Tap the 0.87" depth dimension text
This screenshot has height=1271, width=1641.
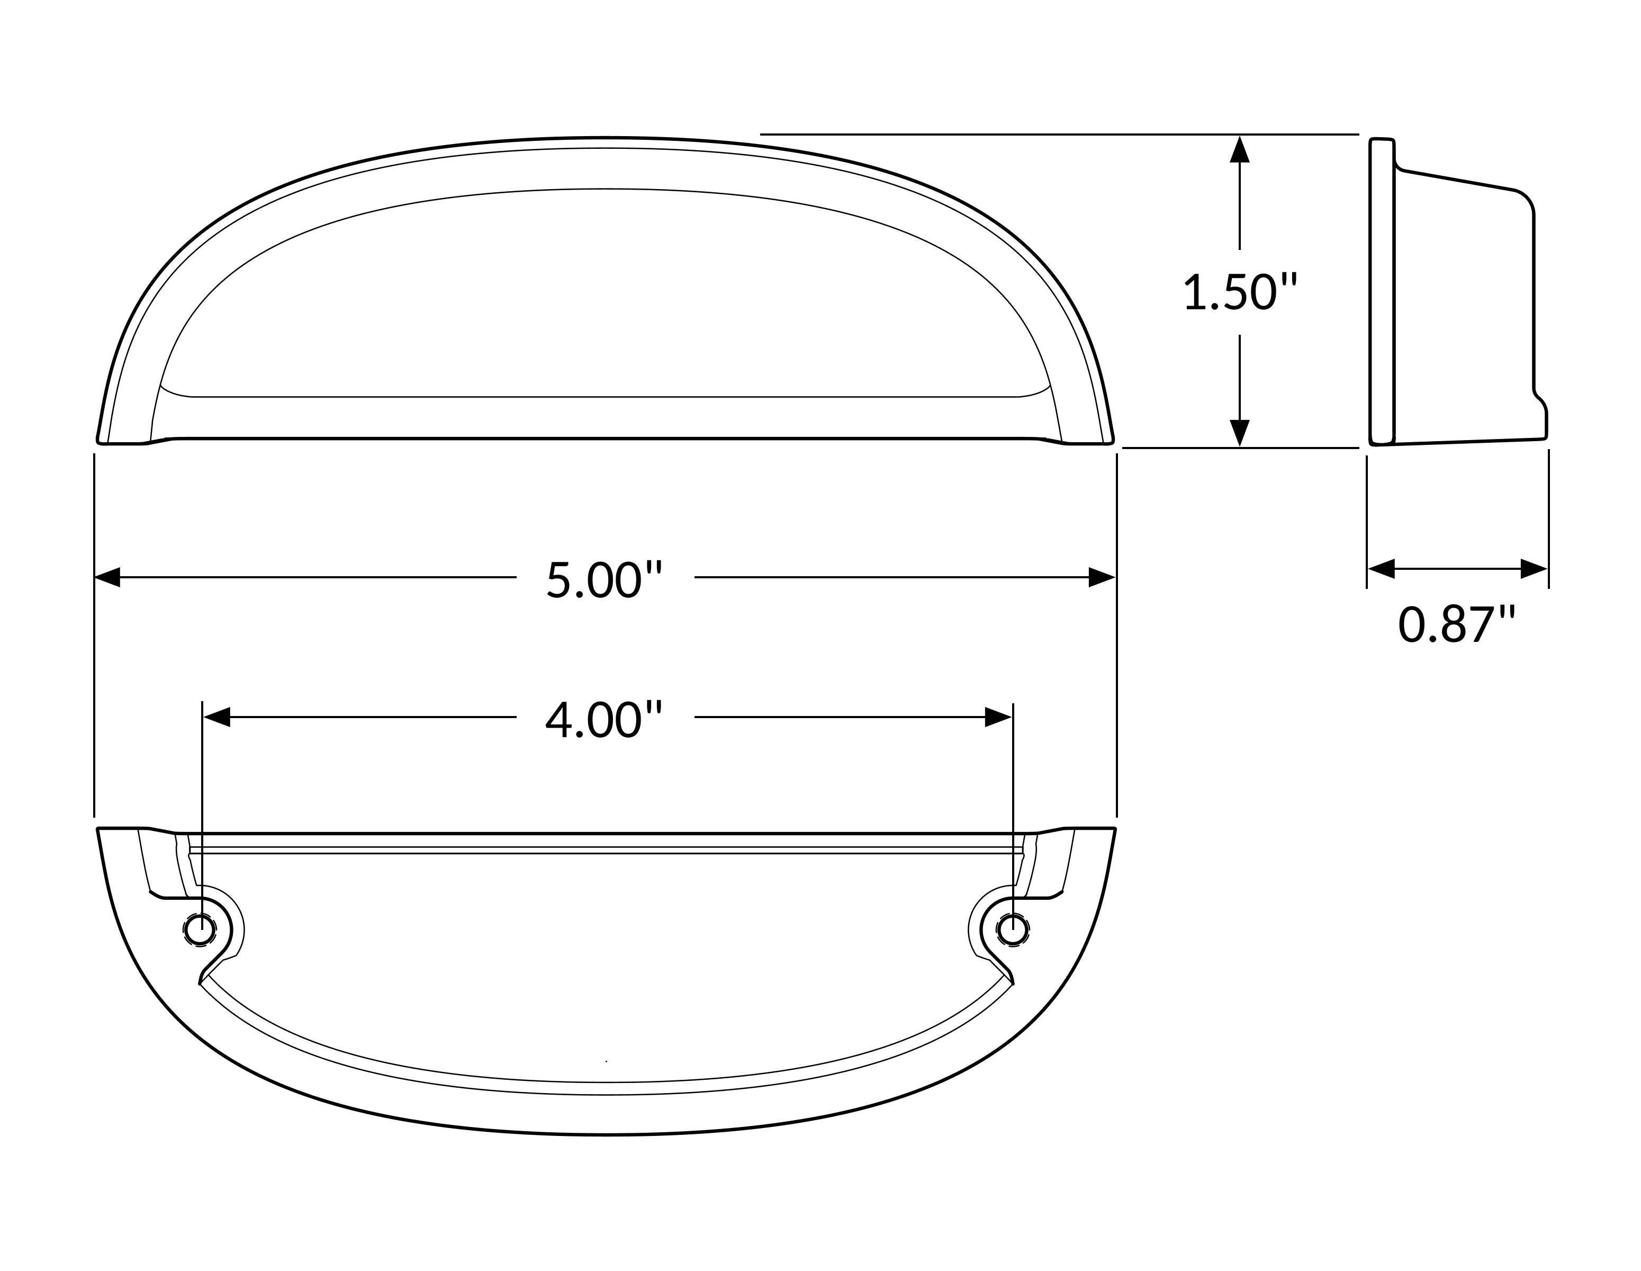(1457, 624)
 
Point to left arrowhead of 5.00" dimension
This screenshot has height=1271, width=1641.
(107, 577)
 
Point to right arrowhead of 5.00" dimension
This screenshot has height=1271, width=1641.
(1102, 577)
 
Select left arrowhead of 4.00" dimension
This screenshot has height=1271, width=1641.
(217, 717)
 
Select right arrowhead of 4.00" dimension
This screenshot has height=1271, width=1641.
(998, 717)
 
